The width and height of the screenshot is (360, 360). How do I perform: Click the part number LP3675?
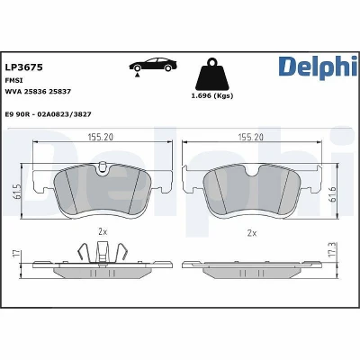click(24, 67)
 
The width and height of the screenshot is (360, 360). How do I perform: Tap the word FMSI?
click(14, 80)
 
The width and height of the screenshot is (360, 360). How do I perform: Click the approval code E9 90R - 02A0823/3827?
click(49, 114)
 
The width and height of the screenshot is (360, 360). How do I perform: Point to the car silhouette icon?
click(153, 66)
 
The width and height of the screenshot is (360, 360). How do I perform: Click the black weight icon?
click(212, 74)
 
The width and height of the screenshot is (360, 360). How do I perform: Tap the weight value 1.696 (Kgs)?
click(212, 96)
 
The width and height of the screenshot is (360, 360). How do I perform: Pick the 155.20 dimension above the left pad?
click(101, 137)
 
